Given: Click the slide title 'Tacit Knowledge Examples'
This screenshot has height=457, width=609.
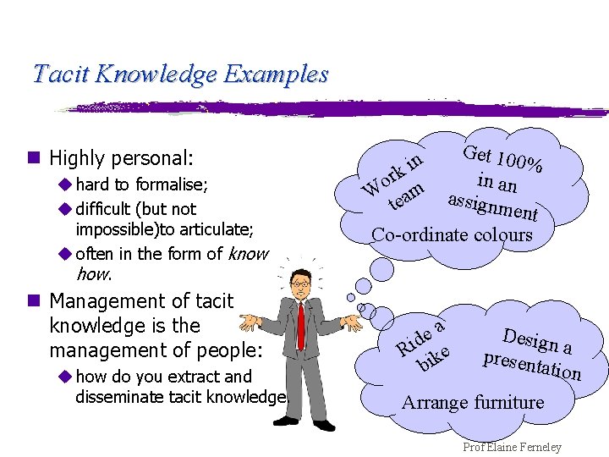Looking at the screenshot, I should point(179,74).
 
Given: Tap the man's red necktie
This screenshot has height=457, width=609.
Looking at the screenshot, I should point(300,325).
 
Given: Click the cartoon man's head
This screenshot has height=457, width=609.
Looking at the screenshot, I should point(299,283).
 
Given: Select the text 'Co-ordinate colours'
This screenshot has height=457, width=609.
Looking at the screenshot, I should point(453,234).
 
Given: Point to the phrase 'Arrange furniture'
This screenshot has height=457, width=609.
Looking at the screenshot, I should point(472,402).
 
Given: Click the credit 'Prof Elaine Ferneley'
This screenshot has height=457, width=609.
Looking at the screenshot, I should point(512,447).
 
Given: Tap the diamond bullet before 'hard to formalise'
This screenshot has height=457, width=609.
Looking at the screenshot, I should point(64,184).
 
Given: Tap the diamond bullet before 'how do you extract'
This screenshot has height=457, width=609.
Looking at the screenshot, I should point(64,377).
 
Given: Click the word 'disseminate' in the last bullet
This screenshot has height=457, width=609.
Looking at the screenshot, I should point(113,396).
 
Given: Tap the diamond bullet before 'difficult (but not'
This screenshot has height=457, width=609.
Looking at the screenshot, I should point(64,208).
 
